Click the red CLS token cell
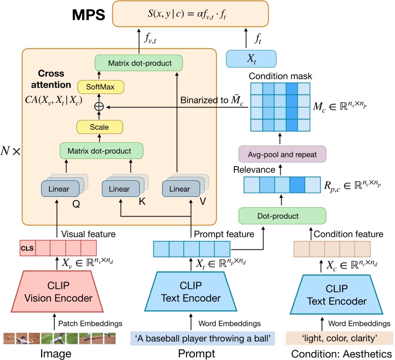tap(27, 246)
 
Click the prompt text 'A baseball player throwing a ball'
tap(202, 339)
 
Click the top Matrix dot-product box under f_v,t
tap(141, 64)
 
